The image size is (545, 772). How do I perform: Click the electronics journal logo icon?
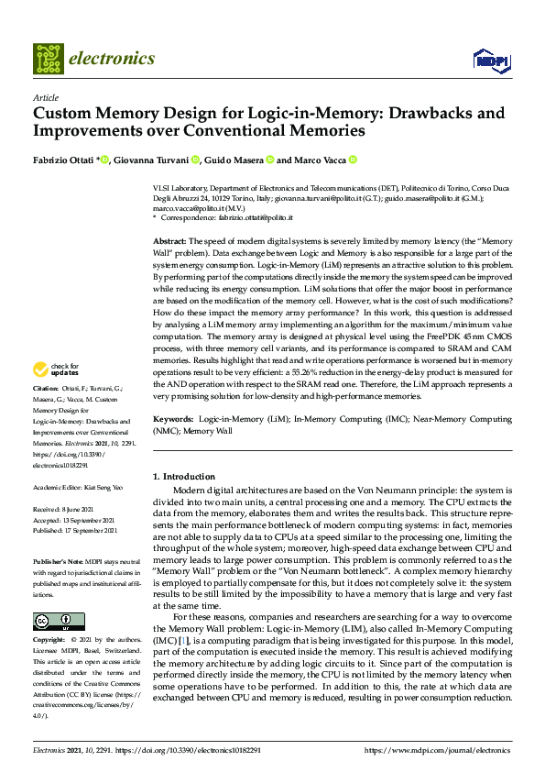(x=48, y=58)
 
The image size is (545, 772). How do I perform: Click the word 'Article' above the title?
(x=46, y=97)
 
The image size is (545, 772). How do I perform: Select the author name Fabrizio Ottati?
(x=64, y=160)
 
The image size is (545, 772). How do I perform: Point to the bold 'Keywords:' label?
(x=172, y=418)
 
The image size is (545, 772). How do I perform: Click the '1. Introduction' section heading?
(x=184, y=477)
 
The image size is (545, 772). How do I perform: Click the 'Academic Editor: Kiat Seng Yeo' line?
(x=78, y=486)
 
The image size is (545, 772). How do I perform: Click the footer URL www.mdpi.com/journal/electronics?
(x=438, y=750)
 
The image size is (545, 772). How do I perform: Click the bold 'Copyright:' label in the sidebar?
(x=49, y=638)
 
